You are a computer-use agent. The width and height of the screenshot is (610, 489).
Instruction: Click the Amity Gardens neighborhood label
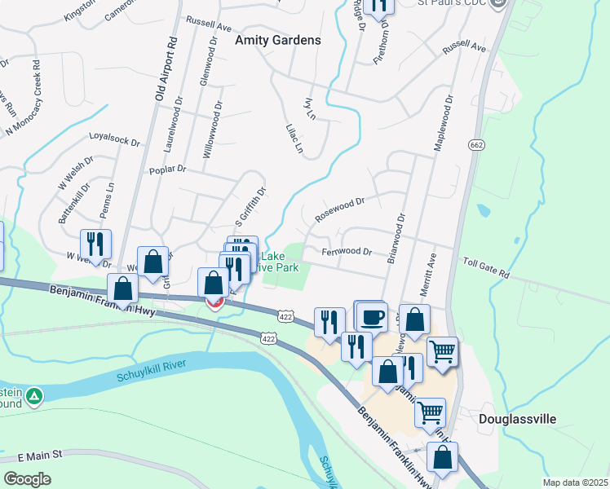click(277, 39)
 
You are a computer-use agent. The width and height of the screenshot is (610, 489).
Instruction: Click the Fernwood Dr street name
click(347, 252)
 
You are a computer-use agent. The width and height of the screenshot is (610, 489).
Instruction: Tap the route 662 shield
click(477, 144)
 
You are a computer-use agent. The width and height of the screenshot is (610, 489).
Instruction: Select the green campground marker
click(34, 398)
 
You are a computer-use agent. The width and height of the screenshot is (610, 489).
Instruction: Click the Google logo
click(27, 479)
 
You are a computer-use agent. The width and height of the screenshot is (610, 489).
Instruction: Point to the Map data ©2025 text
click(575, 482)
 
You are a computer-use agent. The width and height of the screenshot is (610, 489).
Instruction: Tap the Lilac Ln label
click(294, 139)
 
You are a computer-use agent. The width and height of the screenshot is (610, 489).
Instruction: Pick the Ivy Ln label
click(308, 108)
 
